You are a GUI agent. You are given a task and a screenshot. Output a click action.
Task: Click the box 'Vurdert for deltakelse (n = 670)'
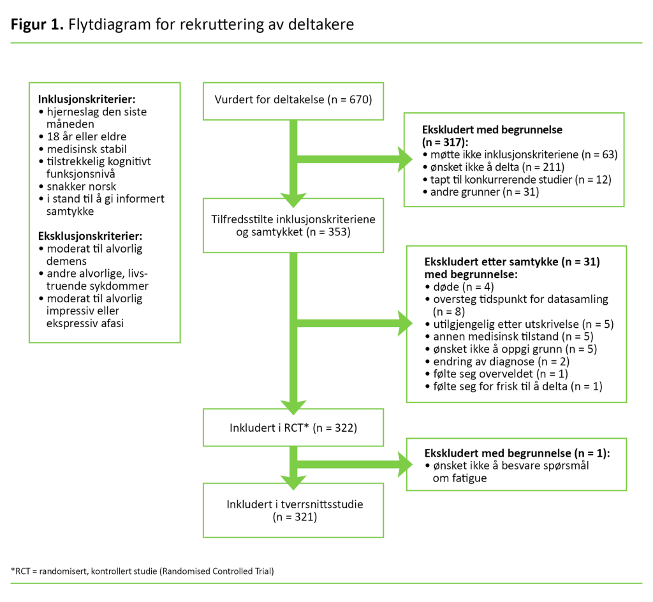293,100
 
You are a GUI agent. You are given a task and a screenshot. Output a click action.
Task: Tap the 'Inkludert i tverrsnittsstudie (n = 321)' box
293,510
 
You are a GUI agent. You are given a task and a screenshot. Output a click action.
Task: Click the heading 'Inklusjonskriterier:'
87,99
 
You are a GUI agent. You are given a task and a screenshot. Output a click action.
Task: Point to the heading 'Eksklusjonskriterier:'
90,235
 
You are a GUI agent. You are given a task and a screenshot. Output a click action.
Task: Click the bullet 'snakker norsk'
82,186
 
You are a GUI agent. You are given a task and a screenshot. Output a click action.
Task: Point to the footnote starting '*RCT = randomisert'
142,571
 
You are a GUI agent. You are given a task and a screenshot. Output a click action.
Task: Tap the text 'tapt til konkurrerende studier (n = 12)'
520,179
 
